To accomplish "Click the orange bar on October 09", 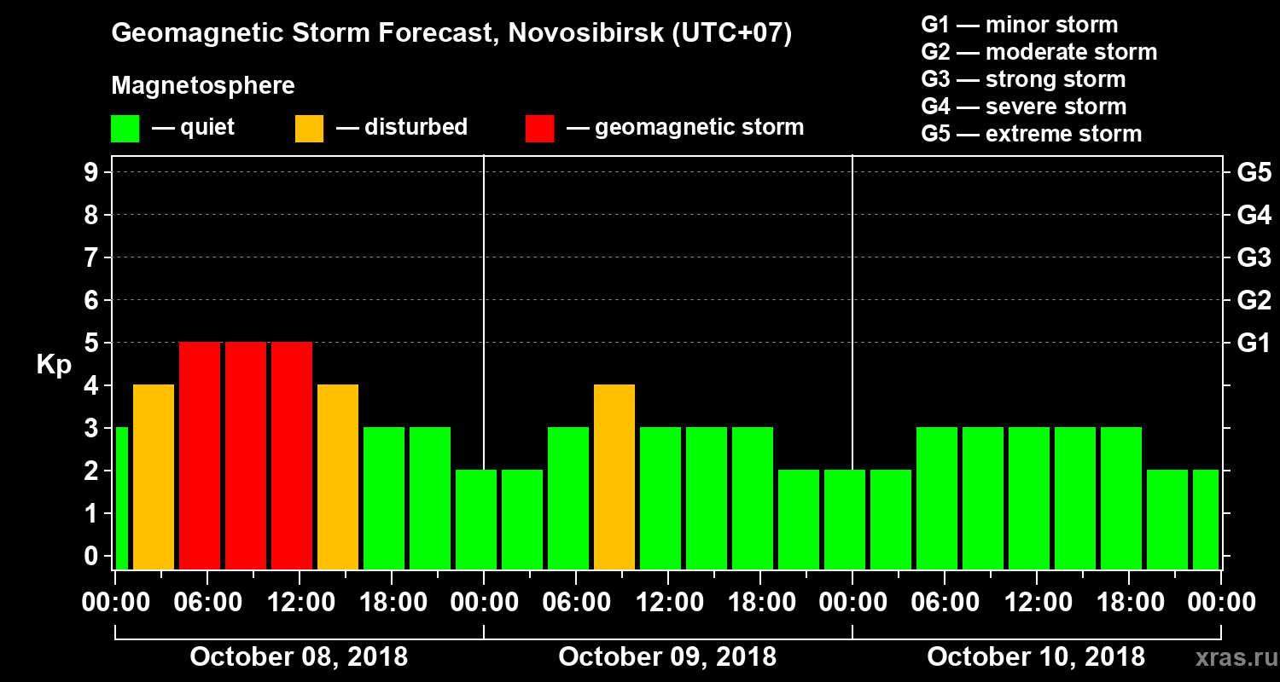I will (614, 477).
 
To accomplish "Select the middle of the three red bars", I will (246, 455).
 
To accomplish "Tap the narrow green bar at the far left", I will (121, 498).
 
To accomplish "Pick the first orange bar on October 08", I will (154, 477).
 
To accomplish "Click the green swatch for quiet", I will (125, 129).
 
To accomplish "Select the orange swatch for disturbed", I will (309, 129).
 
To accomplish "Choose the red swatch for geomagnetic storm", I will (539, 129).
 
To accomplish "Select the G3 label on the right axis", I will (1254, 257).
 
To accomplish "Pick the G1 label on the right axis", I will (1254, 343).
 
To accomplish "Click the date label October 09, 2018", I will (667, 656).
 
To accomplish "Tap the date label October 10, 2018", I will (1036, 656).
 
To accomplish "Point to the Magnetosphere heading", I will (203, 86).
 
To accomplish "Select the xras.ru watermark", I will (1230, 657).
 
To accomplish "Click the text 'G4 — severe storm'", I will (1023, 107).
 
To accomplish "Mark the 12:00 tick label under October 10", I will (1036, 602).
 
